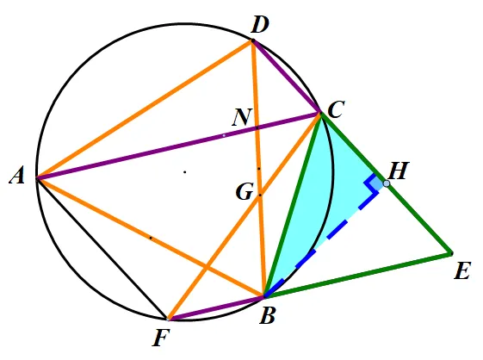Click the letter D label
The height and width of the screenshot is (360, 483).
pos(260,25)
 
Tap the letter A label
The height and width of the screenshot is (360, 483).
pos(17,177)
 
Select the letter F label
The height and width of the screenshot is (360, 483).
pos(161,338)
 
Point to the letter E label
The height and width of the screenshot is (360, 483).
pos(462,271)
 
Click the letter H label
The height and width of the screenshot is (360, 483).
pos(399,171)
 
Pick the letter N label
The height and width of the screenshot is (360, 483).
pos(242,117)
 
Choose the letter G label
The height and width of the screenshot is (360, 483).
pos(245,191)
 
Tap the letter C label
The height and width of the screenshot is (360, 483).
pos(336,109)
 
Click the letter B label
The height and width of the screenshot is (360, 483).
pos(267,316)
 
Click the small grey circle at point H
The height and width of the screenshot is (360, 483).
pos(387,183)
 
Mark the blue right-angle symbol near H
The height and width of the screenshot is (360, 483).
pos(372,184)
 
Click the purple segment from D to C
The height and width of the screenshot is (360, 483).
pos(286,77)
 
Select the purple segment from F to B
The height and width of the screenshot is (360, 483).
pos(215,308)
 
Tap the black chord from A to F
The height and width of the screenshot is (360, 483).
pos(102,248)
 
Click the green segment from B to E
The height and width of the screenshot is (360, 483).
pos(358,276)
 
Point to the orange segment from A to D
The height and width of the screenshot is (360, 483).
pos(145,109)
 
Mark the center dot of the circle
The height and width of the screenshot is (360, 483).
pos(185,172)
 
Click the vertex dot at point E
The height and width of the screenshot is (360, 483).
pos(451,254)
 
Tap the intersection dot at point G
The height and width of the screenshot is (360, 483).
pos(260,196)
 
